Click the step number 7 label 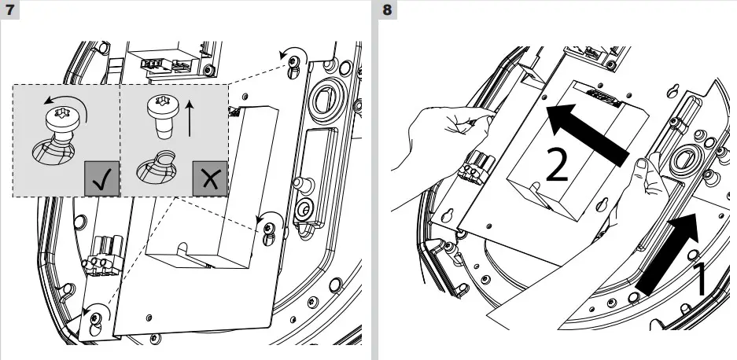(x=11, y=12)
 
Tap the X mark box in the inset (x=211, y=181)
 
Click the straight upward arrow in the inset (x=189, y=116)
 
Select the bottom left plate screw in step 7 (x=94, y=318)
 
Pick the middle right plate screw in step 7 (x=270, y=228)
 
